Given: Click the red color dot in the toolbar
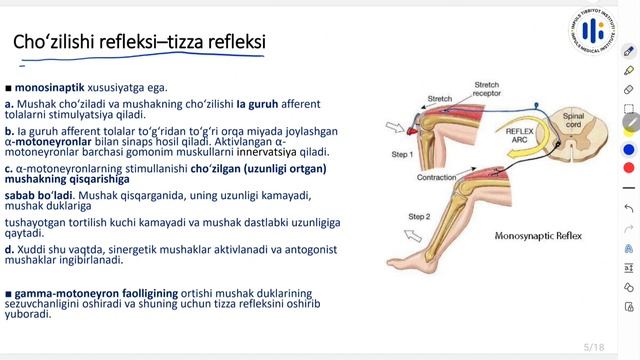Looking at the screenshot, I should pyautogui.click(x=629, y=167).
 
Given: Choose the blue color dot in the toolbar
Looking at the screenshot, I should pyautogui.click(x=629, y=149).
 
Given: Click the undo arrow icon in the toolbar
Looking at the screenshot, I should pyautogui.click(x=629, y=207).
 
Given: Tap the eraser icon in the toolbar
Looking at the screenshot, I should pyautogui.click(x=629, y=89).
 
